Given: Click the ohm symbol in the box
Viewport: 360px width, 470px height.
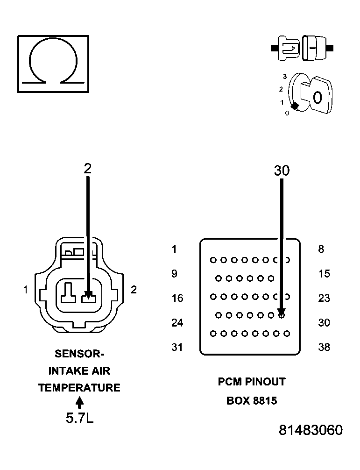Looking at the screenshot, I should (53, 63).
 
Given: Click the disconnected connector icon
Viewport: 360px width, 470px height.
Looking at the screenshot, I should (302, 48).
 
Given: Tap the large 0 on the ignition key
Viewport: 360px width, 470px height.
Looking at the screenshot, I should (317, 98).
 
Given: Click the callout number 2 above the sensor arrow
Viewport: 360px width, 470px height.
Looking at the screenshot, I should (87, 169).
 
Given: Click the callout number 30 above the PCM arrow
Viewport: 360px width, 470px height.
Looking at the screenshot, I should (282, 171).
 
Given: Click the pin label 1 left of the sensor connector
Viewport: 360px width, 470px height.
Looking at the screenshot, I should (26, 290).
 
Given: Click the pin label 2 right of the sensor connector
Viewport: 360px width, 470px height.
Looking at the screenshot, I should (134, 290).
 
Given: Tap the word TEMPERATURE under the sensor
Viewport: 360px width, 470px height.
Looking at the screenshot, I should (79, 388).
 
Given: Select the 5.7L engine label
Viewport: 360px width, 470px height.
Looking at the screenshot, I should (79, 418).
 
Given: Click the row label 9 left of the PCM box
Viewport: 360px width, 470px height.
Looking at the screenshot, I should (174, 273).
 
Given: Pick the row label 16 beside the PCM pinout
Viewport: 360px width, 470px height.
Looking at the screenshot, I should (177, 298).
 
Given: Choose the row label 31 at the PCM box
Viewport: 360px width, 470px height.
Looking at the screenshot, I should (177, 347).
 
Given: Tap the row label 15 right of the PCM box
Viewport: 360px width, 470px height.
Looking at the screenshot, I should (324, 273).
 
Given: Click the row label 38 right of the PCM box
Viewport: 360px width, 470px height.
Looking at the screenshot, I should (324, 347).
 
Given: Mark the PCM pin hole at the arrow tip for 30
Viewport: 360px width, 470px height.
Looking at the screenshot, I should (282, 315).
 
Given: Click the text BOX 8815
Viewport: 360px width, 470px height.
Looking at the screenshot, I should (252, 401).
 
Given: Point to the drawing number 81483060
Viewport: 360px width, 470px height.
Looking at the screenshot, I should (311, 430).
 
